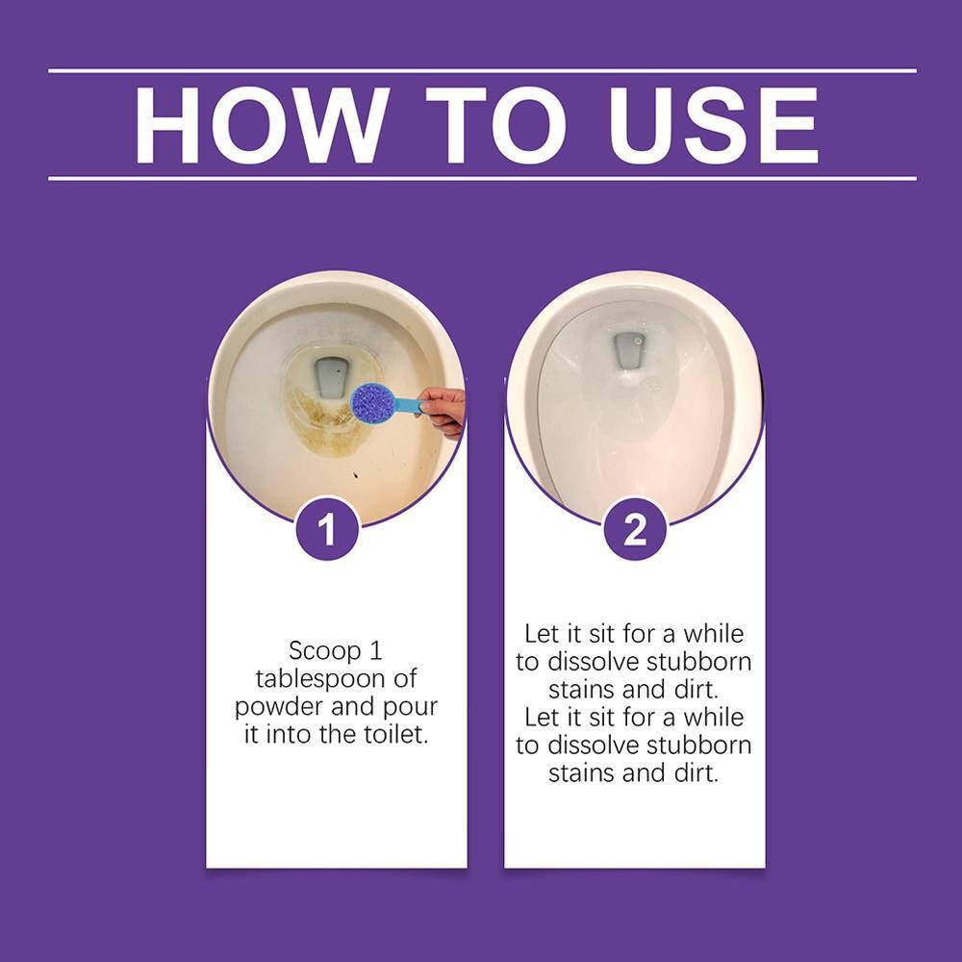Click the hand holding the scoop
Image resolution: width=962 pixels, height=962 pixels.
tap(443, 411)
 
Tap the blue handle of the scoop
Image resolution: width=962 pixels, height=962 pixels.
tap(407, 405)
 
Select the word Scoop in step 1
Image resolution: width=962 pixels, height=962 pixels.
tap(317, 651)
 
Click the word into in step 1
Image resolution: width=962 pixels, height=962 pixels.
tap(287, 734)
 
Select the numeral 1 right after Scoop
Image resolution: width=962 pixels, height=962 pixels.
tap(377, 651)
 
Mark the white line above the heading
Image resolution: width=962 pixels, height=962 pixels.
tap(482, 71)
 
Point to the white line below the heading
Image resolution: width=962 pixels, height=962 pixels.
tap(482, 179)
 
